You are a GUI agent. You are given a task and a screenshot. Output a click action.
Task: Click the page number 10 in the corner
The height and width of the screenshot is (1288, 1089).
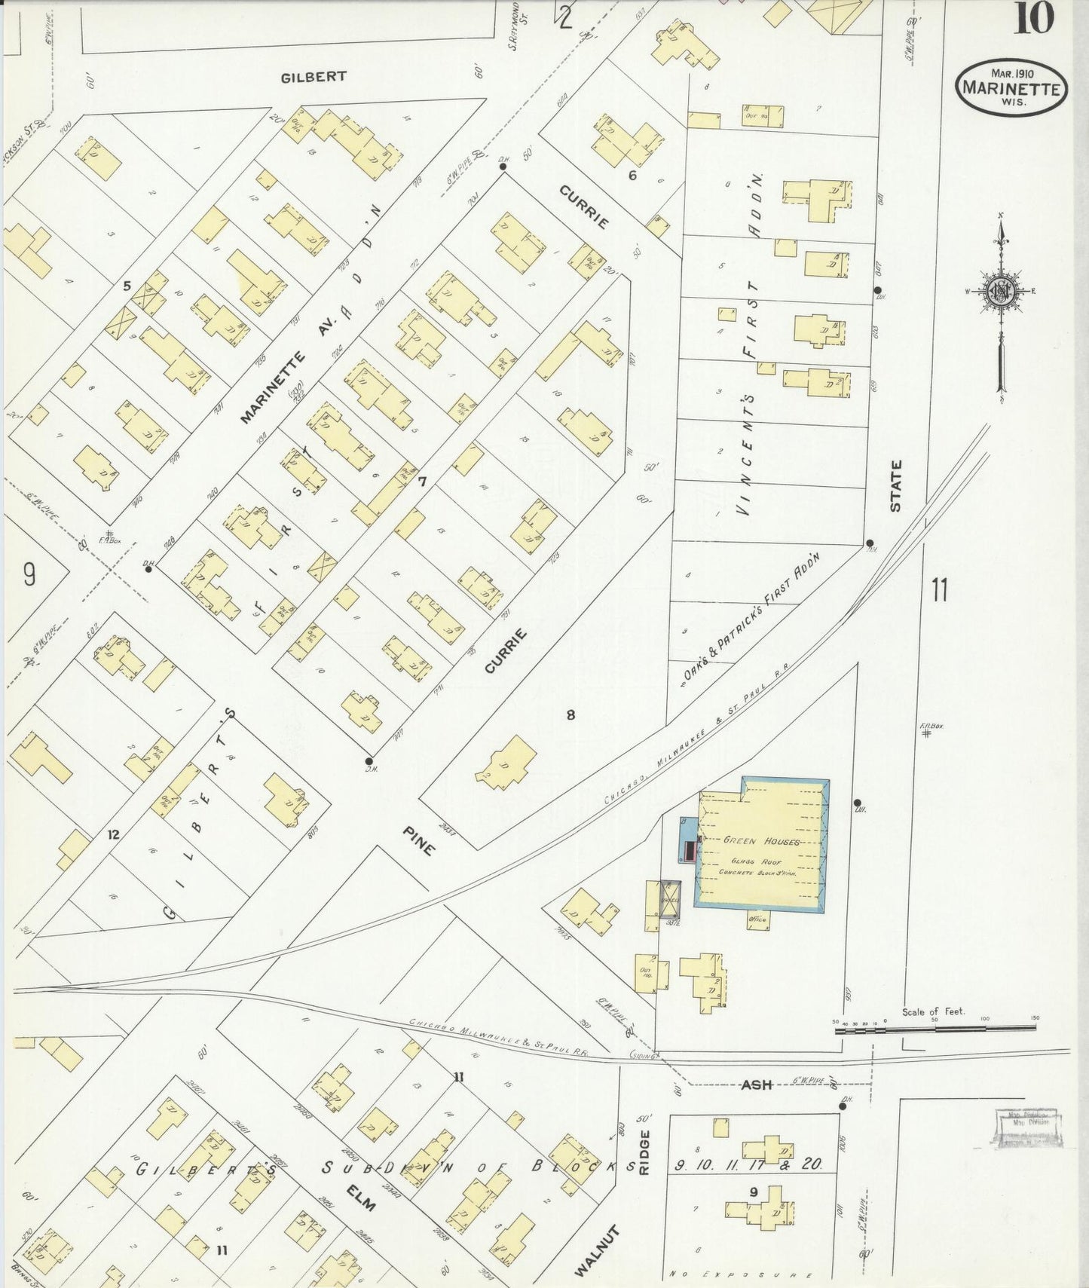[1032, 18]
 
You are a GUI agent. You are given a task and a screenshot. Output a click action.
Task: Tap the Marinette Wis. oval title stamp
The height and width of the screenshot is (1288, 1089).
[1012, 87]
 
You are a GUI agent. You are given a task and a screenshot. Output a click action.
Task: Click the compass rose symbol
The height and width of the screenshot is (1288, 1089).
[1001, 292]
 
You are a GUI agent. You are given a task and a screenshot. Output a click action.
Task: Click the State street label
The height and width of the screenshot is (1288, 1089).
[896, 486]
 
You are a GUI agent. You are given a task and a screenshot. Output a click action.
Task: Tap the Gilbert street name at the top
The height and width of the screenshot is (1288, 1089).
[314, 77]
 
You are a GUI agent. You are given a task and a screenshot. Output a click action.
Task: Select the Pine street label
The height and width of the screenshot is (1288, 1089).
[418, 840]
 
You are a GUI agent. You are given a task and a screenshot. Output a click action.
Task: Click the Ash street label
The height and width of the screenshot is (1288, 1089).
[756, 1085]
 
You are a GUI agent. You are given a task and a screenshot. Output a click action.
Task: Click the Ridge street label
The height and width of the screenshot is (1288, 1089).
[644, 1152]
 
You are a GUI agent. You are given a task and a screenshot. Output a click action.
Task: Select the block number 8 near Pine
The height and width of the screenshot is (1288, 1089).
[571, 714]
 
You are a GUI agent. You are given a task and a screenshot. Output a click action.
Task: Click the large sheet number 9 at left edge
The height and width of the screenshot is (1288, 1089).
[29, 576]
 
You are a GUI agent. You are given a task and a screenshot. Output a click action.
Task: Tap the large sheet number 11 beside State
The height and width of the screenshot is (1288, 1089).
[938, 590]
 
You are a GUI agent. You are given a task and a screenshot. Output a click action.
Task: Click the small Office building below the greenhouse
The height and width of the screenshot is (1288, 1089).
[757, 919]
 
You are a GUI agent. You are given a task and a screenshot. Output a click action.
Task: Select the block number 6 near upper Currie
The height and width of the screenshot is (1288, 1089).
[632, 176]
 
